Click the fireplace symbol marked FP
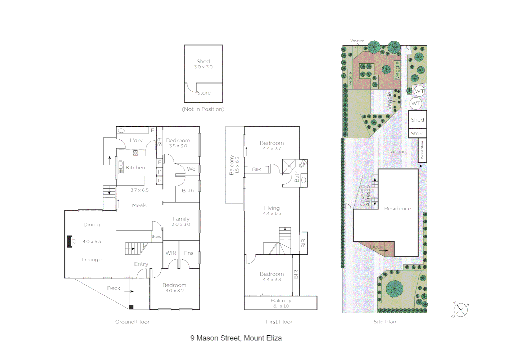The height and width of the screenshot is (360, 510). tap(70, 241)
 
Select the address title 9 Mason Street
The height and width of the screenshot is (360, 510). tap(236, 338)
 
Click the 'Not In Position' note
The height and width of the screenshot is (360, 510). tap(203, 109)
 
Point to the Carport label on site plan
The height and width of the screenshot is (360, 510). tap(397, 152)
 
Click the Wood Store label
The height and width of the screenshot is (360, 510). tap(422, 150)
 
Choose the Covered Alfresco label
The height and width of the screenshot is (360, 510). tap(365, 196)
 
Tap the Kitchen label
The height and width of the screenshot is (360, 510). tap(135, 168)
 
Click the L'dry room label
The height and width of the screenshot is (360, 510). tap(136, 140)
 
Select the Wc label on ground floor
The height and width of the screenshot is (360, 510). tap(191, 169)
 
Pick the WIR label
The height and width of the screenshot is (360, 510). tap(171, 253)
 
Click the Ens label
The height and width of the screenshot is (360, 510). tap(189, 253)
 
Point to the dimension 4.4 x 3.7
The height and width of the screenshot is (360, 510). tap(272, 149)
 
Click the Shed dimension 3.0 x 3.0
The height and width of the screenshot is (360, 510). tap(203, 67)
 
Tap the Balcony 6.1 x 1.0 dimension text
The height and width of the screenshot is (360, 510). tap(281, 306)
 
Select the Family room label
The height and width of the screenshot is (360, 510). tap(181, 219)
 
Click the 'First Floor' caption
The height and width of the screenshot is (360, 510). tap(279, 322)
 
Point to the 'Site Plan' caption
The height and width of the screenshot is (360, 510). tap(385, 322)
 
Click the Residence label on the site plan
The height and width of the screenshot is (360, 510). tap(397, 209)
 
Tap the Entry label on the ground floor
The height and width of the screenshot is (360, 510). tap(141, 264)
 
